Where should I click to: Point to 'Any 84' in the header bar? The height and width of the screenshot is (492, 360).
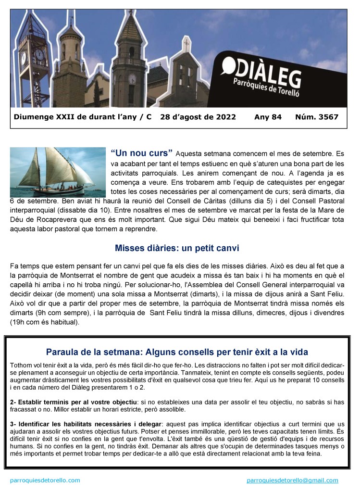268,117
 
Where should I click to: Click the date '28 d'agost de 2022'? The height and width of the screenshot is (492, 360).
198,117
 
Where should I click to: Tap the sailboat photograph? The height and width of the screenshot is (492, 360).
58,172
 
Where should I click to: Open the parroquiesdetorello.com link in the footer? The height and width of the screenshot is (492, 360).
45,480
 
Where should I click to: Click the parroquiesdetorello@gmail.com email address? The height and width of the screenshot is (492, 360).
292,480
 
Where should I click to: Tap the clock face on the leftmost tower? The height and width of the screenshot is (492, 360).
39,54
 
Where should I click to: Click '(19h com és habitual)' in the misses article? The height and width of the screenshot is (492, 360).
44,321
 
